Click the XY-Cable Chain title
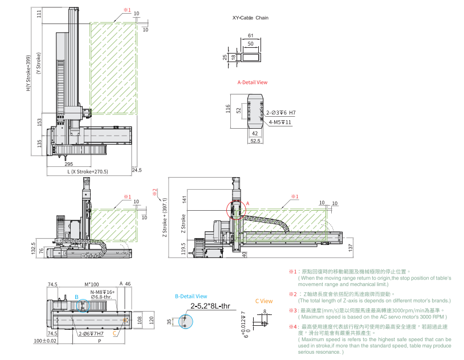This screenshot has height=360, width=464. (250, 18)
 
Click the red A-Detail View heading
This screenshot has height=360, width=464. (252, 83)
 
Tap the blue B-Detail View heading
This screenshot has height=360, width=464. (191, 296)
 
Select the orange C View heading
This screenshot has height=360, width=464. (264, 301)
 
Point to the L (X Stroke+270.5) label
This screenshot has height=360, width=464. (87, 171)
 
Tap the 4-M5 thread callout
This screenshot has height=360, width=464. (280, 122)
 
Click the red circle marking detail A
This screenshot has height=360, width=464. (237, 208)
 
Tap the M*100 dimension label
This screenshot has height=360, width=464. (91, 284)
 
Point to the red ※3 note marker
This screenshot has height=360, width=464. (293, 310)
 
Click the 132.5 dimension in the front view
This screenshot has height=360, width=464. (34, 249)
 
